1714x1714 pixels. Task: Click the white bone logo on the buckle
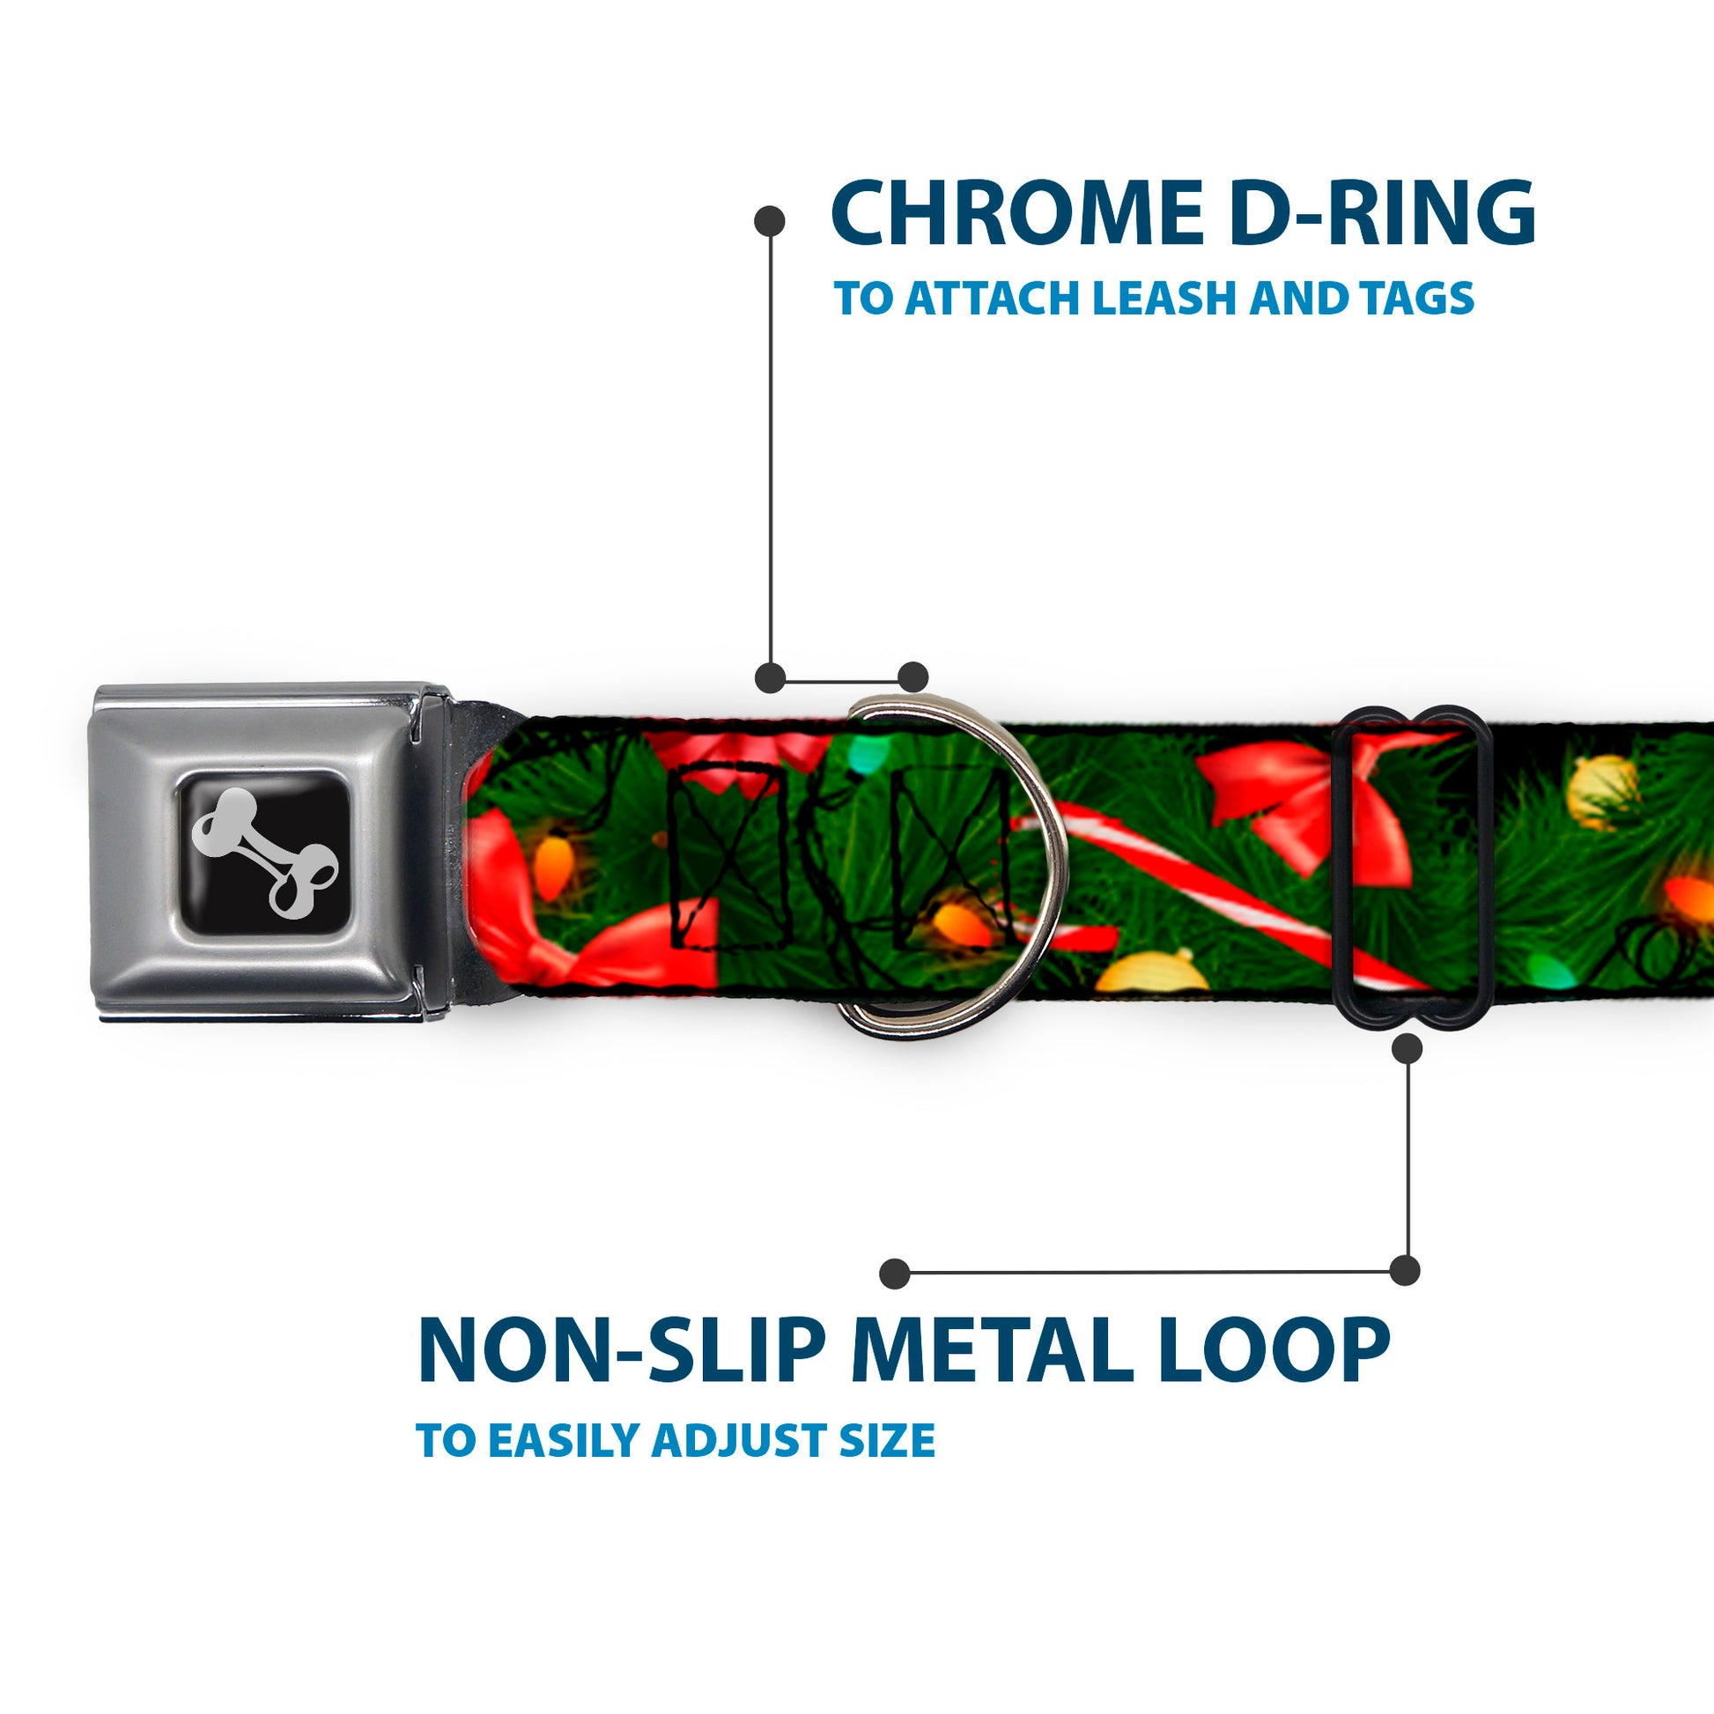[263, 852]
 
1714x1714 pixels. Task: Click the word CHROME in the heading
[1016, 213]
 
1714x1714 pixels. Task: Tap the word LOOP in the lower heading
[1277, 1352]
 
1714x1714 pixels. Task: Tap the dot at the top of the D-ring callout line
[769, 221]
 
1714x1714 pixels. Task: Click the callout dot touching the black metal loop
[1407, 1050]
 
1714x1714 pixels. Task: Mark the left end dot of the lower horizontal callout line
[895, 1274]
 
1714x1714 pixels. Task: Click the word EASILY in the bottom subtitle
[567, 1439]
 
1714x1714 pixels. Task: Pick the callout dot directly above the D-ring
[912, 677]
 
